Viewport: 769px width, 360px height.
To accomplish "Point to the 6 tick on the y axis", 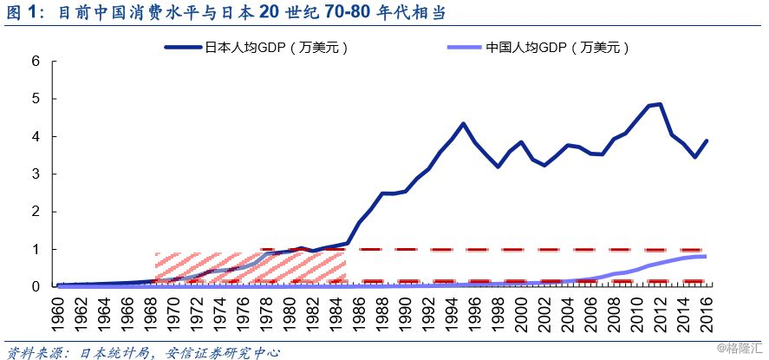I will [36, 62].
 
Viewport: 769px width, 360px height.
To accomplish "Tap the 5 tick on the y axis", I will [36, 99].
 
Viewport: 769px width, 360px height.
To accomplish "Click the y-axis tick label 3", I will [36, 174].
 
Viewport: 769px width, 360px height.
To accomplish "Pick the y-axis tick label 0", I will [36, 286].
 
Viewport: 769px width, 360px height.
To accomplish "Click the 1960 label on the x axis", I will [60, 311].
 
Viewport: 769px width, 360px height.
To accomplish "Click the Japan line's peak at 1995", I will [464, 123].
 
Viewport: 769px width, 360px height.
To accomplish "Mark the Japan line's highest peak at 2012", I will [661, 104].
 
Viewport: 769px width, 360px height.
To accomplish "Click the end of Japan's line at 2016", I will [707, 141].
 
